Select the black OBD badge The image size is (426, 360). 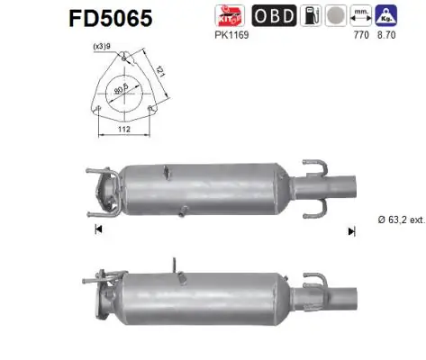tap(272, 15)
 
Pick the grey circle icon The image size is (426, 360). tap(334, 15)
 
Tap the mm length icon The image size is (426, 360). tap(363, 15)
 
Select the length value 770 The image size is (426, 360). tap(363, 34)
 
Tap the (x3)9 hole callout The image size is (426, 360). tap(101, 47)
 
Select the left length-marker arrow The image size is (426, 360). tap(97, 230)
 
